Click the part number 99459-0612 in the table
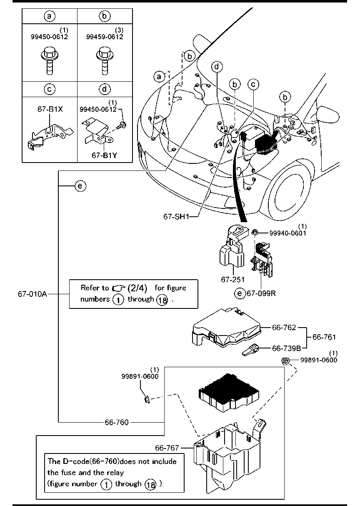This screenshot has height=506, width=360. tap(105, 37)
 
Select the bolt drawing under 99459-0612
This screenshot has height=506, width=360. tap(105, 60)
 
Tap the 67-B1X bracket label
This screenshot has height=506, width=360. tap(50, 109)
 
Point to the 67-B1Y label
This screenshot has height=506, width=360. tap(104, 155)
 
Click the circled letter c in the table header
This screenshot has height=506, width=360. tap(50, 89)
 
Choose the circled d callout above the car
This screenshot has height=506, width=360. tap(217, 67)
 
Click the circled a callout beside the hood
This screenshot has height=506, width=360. tap(159, 77)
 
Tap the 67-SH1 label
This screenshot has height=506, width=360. tap(176, 217)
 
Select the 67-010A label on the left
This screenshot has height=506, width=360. tap(32, 294)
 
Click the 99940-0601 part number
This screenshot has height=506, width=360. tap(288, 233)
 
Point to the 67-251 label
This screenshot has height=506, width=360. tap(232, 280)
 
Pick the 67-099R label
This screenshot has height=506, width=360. tap(261, 293)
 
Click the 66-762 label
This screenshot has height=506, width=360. tap(284, 328)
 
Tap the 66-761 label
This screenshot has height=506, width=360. tap(324, 337)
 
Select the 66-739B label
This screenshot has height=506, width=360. tap(286, 348)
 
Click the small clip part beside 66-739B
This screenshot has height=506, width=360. tap(250, 350)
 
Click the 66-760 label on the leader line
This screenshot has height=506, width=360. tap(117, 422)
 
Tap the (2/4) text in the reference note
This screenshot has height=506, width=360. tap(137, 288)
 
